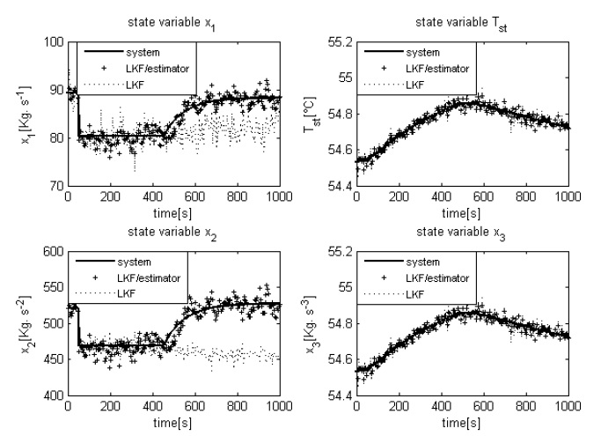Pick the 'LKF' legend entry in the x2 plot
click(135, 293)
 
